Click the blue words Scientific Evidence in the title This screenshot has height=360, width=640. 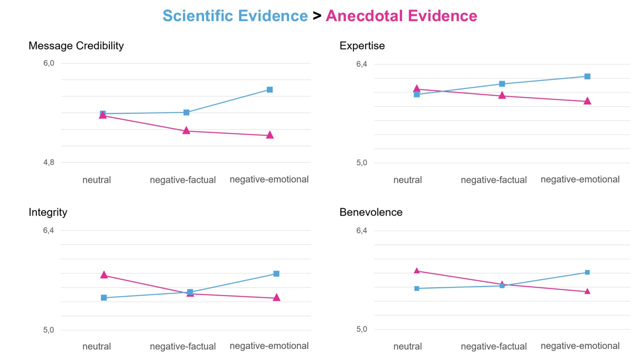tap(235, 16)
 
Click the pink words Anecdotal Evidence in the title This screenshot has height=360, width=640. tap(401, 16)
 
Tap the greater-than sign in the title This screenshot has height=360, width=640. tap(316, 16)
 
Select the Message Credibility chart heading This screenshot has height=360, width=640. tap(76, 46)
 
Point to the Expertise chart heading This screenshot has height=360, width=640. tap(362, 46)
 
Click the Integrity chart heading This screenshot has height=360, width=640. tap(48, 212)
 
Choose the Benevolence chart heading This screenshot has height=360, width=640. tap(371, 212)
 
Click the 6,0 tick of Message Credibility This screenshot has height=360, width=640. tap(48, 63)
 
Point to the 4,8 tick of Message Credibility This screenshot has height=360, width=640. tap(48, 162)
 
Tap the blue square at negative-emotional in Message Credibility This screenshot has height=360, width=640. tap(269, 89)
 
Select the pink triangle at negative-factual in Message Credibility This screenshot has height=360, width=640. tap(186, 130)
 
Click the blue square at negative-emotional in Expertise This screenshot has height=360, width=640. tap(587, 76)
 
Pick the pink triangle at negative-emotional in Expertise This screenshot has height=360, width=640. tap(587, 101)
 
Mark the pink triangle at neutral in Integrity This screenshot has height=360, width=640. tap(104, 274)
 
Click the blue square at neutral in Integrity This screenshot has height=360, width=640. tap(104, 297)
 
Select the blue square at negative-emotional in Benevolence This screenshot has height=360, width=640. tap(587, 272)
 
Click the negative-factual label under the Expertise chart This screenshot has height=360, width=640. tap(493, 180)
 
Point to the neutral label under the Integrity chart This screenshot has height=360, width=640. tap(96, 346)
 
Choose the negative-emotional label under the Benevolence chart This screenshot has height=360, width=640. tap(580, 346)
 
